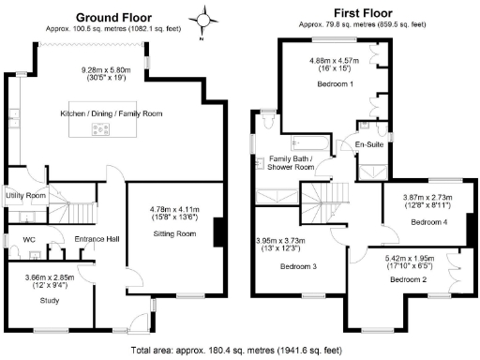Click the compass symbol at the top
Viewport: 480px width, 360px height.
coord(204,19)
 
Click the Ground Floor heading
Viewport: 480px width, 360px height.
coord(114,18)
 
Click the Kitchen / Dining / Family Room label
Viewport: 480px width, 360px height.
coord(111,113)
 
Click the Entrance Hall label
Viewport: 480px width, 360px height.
coord(97,239)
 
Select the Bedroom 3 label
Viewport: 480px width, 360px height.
coord(298,266)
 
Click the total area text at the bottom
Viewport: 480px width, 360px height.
coord(240,351)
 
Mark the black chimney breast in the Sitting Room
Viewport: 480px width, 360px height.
coord(218,232)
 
